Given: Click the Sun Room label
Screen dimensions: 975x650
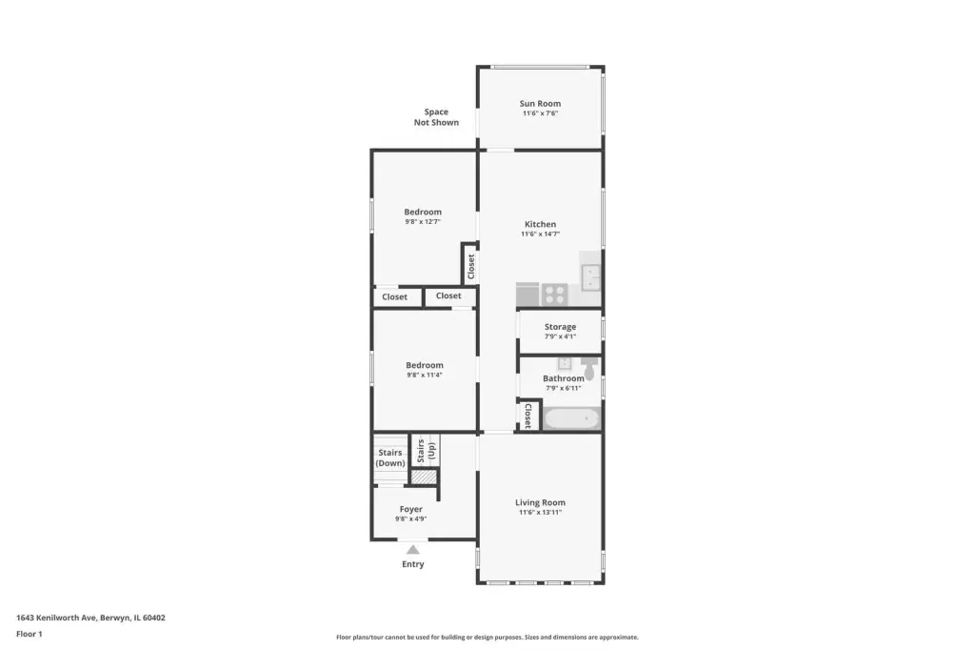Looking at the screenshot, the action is coord(540,103).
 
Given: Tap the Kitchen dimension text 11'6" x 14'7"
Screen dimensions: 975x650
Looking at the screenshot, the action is coord(540,234).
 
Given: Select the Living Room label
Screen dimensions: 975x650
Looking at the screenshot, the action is coord(540,502).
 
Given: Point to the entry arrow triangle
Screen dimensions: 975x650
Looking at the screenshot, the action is coord(413,550).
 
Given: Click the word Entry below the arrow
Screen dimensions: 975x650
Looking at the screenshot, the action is coord(413,564).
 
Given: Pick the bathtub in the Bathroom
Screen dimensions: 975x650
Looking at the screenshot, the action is coord(571,418).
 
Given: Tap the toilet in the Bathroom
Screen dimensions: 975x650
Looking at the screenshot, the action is coord(588,367).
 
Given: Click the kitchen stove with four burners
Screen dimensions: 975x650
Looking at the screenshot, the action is coord(554,295).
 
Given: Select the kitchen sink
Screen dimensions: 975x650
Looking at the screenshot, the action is coord(590,277).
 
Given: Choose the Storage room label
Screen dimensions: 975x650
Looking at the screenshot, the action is coord(560,327).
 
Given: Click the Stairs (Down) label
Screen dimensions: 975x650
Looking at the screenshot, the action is coord(389,457).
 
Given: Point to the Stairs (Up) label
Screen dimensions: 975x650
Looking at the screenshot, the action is coord(426,451).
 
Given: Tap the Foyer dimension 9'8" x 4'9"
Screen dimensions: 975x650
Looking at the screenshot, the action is coord(410,518).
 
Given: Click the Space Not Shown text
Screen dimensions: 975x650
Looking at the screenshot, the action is coord(436,117).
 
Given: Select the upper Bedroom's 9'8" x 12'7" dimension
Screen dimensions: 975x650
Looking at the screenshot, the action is coord(422,222).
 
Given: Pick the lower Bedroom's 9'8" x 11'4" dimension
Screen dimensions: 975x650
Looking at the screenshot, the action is coord(424,375).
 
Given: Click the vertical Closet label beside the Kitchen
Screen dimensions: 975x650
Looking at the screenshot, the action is coord(470,267).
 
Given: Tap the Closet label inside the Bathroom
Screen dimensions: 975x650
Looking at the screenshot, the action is coord(527,416).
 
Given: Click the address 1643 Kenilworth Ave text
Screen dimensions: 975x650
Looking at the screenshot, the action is coord(56,618).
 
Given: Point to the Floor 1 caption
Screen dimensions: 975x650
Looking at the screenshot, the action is coord(30,634).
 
